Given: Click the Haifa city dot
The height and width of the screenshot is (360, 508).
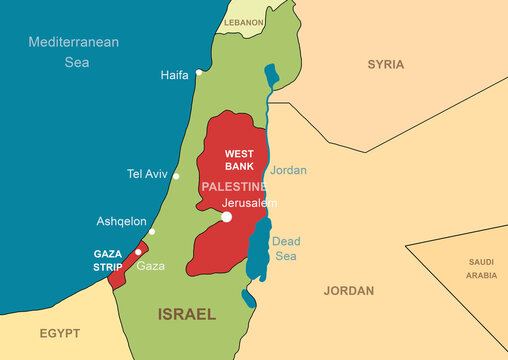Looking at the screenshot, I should tap(199, 72).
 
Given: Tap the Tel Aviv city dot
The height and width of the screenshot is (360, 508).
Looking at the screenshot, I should tap(176, 176).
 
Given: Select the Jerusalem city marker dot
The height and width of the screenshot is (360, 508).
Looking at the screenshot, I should tap(227, 216).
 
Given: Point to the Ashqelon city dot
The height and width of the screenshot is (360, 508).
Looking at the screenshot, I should tap(152, 231).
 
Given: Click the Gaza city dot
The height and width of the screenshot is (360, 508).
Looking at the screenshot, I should tap(138, 252).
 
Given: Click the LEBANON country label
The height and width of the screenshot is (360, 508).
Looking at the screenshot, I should tap(244, 21).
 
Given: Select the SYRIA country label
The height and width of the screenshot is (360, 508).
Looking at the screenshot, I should tap(385, 64).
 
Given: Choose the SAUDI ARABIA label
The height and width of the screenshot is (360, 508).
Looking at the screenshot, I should tap(481, 268).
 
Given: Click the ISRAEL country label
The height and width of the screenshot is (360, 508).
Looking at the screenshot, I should tap(186, 313).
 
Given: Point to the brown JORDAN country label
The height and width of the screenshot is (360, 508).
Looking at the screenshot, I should tap(349, 291).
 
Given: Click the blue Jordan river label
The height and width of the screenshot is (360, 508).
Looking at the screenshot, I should tap(288, 170).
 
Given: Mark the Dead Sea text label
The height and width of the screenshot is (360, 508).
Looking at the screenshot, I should tap(286, 248).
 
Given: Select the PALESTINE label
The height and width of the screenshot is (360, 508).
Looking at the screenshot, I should tap(233, 187).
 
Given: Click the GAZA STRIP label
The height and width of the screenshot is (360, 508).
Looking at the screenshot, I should tap(108, 260).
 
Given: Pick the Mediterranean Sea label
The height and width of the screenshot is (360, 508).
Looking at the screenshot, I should tap(73, 51).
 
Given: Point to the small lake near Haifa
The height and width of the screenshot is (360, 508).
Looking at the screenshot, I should tap(269, 75).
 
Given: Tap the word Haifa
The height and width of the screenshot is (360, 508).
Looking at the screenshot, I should tap(174, 75).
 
